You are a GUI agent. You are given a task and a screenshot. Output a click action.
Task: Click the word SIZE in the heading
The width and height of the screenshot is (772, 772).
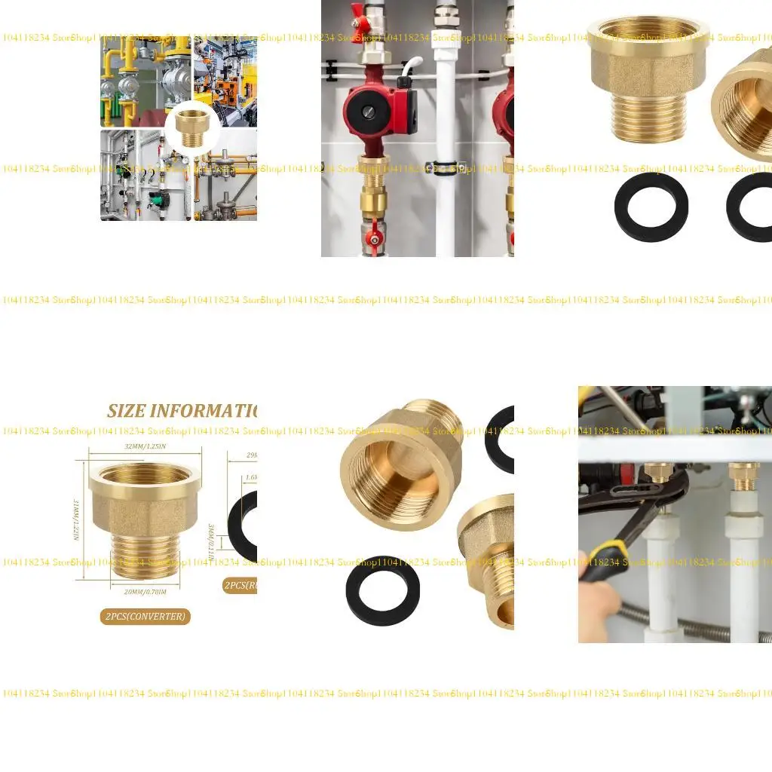tap(125, 412)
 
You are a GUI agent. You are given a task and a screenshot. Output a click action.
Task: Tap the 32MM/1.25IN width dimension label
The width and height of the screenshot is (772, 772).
tap(146, 446)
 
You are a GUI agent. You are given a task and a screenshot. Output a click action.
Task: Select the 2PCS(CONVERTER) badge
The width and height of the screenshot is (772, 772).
tap(145, 617)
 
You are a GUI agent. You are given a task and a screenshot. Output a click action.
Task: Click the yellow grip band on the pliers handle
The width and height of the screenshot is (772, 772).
tap(610, 553)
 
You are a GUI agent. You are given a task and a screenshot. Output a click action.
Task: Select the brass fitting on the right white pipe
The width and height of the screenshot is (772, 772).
tap(743, 475)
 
